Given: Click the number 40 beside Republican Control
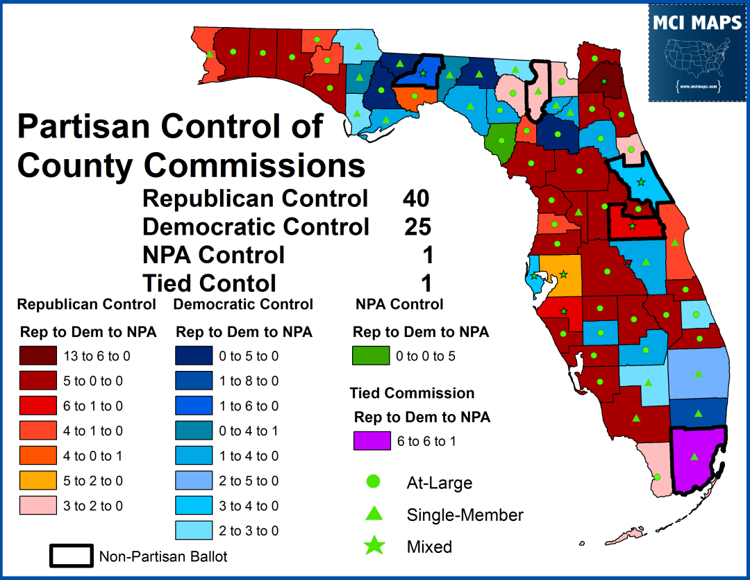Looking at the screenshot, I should pos(416,199).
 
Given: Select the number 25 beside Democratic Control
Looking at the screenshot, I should pos(417,226).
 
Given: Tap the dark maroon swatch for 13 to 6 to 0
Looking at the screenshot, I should pos(38,356).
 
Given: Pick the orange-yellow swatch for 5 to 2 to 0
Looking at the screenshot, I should pos(38,481).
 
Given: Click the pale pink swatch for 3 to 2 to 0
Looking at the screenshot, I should pos(38,506).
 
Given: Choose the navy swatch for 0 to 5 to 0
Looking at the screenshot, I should pos(194,356).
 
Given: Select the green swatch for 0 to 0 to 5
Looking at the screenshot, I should pos(372,356).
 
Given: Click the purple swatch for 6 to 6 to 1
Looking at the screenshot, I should pos(372,442).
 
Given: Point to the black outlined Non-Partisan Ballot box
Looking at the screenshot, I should pos(70,556).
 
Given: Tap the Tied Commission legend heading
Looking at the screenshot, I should pos(412,393).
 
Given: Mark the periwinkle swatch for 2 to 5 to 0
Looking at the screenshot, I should pos(194,481).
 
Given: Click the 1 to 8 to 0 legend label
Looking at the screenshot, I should pos(248,381).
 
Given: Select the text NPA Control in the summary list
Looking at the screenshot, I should pos(213,255).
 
